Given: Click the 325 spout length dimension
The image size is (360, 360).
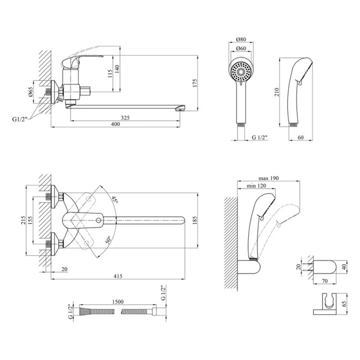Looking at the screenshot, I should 125,118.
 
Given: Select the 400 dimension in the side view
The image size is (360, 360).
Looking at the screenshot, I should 116,125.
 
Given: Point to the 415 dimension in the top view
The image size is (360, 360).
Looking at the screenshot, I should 118,276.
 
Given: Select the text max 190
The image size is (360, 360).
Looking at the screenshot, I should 270,178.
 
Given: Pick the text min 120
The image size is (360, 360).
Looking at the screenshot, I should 255,186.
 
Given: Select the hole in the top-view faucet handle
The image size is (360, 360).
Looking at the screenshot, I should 99,220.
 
